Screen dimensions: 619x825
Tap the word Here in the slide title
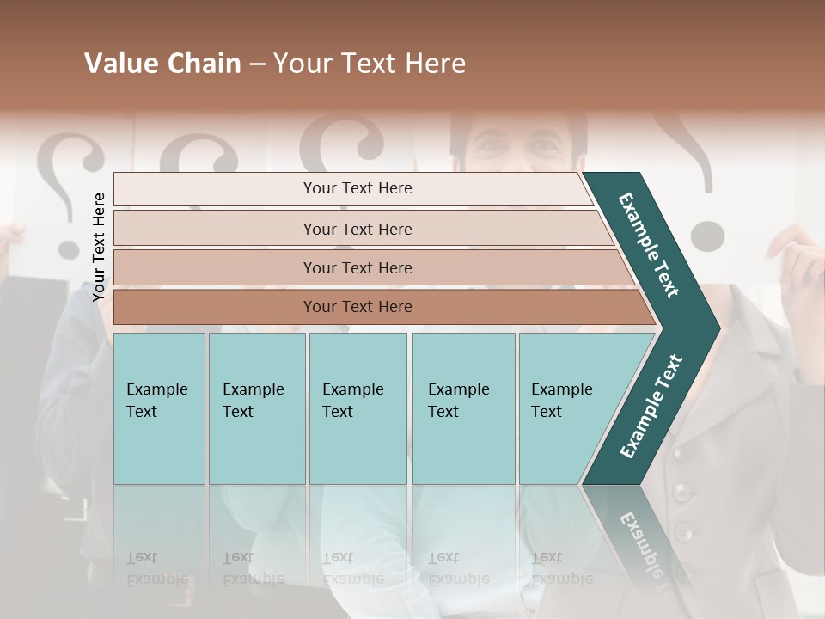coord(435,64)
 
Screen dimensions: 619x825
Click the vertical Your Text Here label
coord(99,247)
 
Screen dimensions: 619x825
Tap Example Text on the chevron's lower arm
coord(651,407)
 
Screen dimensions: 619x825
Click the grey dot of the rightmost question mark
coord(706,235)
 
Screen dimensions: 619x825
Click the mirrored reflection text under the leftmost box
coord(156,568)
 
